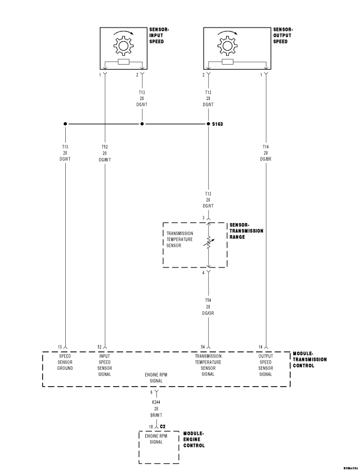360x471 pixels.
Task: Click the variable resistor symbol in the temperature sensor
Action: [x=209, y=242]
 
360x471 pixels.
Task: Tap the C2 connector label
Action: [x=162, y=427]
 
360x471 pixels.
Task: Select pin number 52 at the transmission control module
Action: [x=100, y=347]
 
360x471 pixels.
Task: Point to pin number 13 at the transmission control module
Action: [x=61, y=347]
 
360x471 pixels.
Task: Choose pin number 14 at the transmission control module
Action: [x=260, y=347]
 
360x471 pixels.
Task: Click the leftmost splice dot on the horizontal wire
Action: [x=66, y=124]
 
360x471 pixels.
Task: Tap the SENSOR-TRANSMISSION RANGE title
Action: [x=246, y=230]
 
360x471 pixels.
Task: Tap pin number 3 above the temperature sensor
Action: [x=204, y=218]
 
